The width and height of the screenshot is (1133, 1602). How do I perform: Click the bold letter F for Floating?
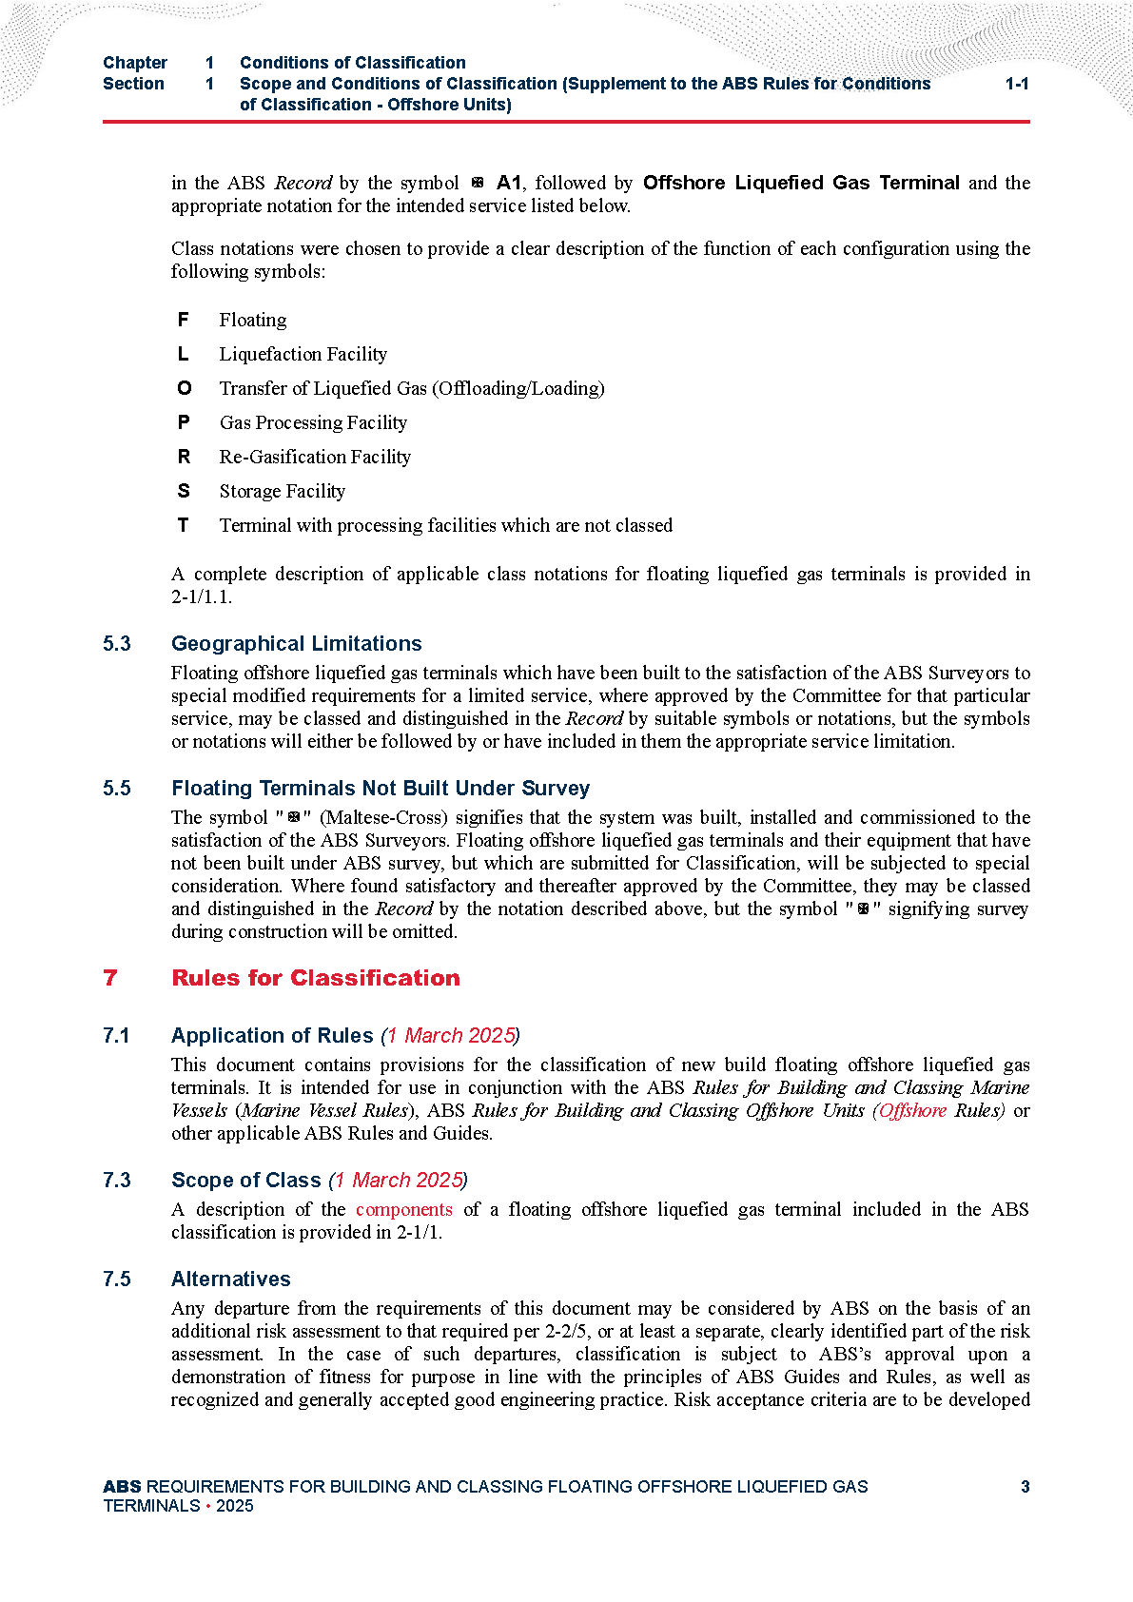tap(183, 320)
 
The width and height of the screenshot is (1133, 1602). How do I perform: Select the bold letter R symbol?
tap(184, 457)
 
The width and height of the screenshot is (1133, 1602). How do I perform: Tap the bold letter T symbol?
tap(183, 525)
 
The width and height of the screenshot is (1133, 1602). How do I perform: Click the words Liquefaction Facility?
tap(303, 354)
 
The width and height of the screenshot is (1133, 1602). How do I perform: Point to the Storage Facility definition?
tap(282, 491)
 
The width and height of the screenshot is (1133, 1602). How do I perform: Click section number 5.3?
tap(117, 644)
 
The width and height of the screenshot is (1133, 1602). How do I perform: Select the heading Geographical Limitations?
tap(296, 644)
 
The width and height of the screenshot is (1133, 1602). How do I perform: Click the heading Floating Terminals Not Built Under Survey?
tap(381, 789)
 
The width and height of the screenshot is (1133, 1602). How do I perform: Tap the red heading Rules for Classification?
tap(315, 978)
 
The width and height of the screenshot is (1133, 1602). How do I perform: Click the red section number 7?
tap(110, 978)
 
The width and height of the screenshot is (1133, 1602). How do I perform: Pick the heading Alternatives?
tap(230, 1280)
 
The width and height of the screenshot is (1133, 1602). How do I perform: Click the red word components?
tap(404, 1209)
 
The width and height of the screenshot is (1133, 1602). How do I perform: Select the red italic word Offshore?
tap(912, 1110)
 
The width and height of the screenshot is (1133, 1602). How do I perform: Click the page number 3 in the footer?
tap(1025, 1487)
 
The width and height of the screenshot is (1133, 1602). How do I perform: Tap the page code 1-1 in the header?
tap(1016, 84)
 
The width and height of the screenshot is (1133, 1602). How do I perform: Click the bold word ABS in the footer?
tap(122, 1487)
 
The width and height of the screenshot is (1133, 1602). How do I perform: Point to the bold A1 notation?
tap(509, 183)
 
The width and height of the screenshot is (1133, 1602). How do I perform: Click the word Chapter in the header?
tap(135, 63)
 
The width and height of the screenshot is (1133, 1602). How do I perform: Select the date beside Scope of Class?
tap(399, 1181)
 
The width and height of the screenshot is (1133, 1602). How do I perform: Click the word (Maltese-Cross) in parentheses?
tap(382, 817)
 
